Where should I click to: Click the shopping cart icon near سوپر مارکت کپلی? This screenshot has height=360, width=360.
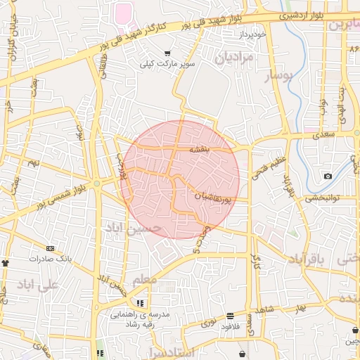coord(167,53)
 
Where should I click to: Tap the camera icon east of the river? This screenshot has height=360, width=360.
coord(328,176)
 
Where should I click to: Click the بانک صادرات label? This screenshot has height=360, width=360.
coord(49,258)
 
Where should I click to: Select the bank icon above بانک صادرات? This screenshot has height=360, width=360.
coord(49,247)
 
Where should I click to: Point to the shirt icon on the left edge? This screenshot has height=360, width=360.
coord(6,261)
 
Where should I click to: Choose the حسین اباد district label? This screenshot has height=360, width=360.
coord(133,228)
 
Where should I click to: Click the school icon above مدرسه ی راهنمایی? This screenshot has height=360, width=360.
coord(140,304)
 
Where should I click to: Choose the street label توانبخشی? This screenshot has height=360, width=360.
coord(323,198)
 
